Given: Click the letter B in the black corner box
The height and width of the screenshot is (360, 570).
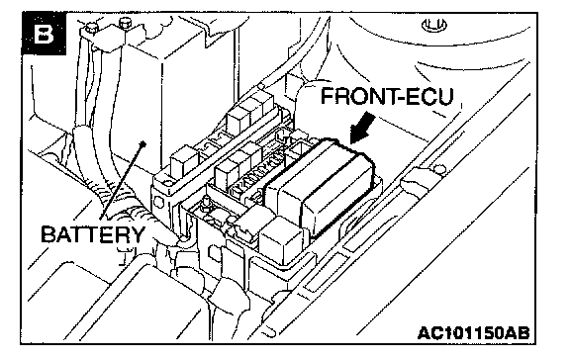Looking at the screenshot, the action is click(x=45, y=35).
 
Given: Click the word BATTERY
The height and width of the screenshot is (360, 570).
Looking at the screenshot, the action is click(x=93, y=234).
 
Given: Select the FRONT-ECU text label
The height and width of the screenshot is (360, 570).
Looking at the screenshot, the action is click(x=387, y=97).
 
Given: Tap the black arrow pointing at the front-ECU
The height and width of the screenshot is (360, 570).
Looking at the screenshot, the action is click(x=361, y=129).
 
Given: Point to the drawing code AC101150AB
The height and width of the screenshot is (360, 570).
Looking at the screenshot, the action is click(x=474, y=332).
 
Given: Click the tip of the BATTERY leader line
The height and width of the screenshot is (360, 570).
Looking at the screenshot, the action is click(x=144, y=143).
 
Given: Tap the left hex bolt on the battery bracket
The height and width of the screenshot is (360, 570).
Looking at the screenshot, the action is click(x=91, y=28).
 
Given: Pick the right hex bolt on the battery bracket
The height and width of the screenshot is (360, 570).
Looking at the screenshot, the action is click(x=125, y=24).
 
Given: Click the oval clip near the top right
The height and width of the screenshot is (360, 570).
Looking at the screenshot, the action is click(x=434, y=25).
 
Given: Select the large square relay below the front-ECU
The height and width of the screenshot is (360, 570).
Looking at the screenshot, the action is click(x=282, y=239).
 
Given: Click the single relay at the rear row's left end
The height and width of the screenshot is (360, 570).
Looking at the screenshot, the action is click(x=184, y=160).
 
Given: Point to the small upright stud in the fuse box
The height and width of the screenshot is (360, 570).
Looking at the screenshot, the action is click(x=206, y=202).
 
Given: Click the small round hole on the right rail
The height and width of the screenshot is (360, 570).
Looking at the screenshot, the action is click(x=440, y=168).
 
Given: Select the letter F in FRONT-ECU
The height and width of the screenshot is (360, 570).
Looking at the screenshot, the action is click(x=328, y=97).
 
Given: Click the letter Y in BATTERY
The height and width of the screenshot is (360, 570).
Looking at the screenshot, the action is click(x=137, y=234).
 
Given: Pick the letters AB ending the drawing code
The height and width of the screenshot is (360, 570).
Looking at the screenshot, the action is click(x=518, y=332).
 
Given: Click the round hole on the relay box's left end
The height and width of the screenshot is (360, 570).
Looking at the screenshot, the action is click(x=158, y=201).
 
